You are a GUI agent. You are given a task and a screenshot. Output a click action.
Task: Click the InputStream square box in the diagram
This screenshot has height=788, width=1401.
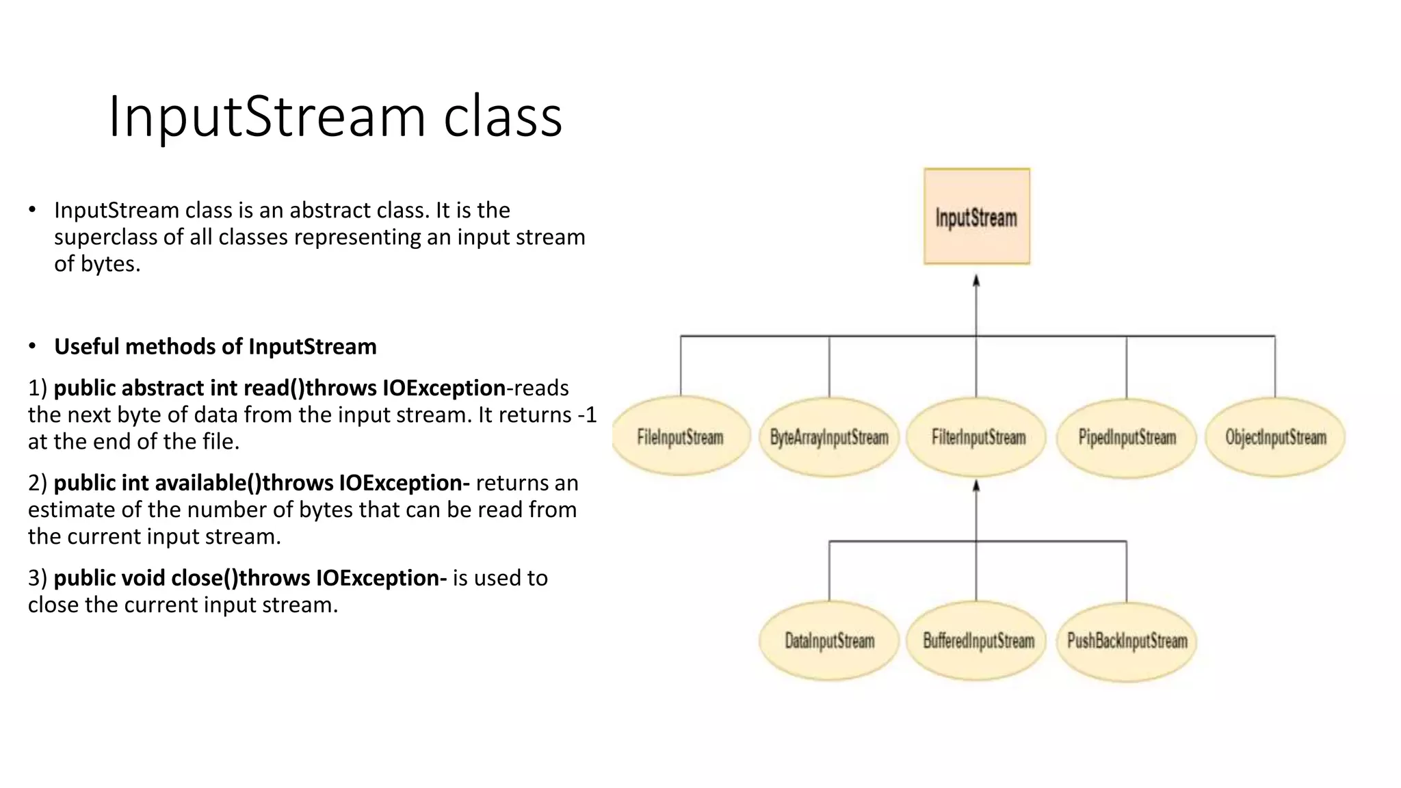[x=976, y=216]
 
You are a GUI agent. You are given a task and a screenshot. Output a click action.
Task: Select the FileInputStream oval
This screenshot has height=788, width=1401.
[x=680, y=436]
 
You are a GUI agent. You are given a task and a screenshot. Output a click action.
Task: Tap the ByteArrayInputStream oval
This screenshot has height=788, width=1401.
[x=829, y=436]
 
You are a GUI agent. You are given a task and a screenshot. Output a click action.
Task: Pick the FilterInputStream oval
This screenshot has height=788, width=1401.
[x=978, y=436]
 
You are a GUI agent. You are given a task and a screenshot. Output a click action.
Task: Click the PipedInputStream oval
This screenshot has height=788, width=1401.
[x=1127, y=436]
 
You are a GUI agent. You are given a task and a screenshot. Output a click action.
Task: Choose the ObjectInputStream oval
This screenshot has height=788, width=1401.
[x=1275, y=436]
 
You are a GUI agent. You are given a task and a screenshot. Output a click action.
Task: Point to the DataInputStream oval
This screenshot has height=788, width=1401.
[x=829, y=641]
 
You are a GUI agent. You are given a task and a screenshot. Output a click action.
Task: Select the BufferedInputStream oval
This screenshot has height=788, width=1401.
[x=978, y=641]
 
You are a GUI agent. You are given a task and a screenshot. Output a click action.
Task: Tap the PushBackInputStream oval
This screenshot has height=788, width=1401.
[x=1127, y=641]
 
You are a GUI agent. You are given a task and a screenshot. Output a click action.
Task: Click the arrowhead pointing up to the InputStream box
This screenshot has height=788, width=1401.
[x=976, y=280]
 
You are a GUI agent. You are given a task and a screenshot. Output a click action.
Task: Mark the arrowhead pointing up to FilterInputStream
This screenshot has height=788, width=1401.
[x=976, y=486]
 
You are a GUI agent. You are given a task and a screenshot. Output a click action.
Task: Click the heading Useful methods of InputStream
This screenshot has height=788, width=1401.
[x=215, y=347]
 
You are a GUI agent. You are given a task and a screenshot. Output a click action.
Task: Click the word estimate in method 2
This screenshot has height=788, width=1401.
[x=71, y=510]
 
